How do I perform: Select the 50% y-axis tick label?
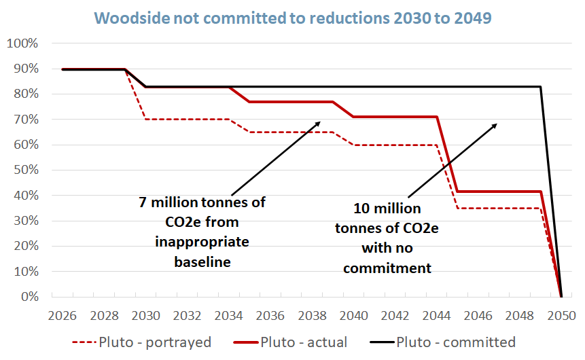coord(25,170)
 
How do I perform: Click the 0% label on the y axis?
coord(29,297)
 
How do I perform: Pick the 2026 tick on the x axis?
coord(62,316)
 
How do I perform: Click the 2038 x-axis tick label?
coord(312,316)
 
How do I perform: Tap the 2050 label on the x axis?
coord(561,316)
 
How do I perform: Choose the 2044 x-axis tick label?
coord(436,316)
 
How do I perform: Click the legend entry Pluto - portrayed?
coord(137,342)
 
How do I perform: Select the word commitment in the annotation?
coord(387,268)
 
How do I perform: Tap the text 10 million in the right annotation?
coord(387,208)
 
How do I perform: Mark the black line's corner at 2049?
coord(540,87)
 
